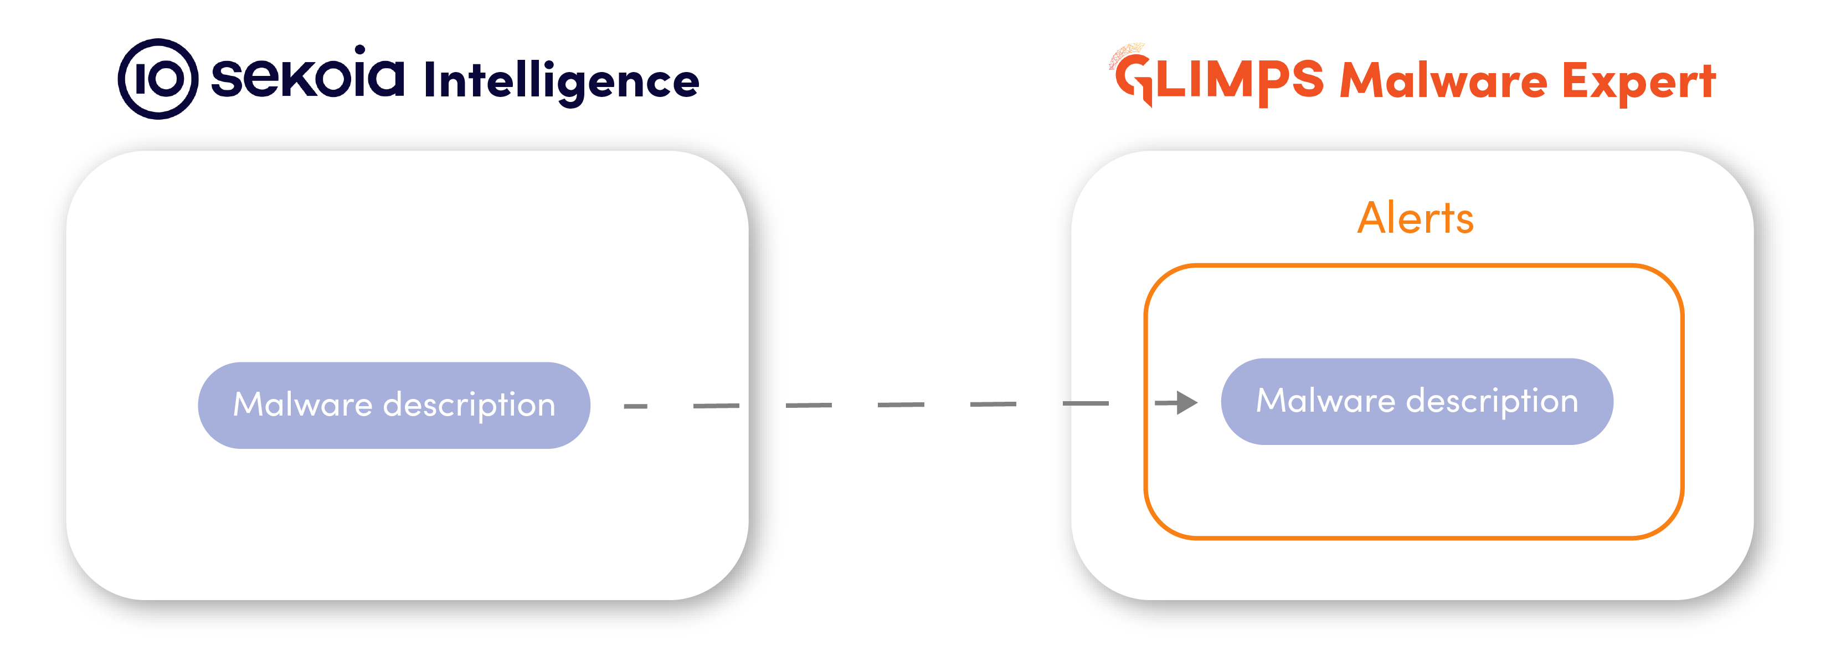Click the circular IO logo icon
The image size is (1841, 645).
(158, 79)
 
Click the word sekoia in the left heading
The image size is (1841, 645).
(307, 76)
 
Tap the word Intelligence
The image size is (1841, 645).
(561, 80)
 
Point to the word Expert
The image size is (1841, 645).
(1638, 81)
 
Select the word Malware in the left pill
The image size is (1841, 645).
(302, 405)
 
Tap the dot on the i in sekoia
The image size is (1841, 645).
(360, 50)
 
